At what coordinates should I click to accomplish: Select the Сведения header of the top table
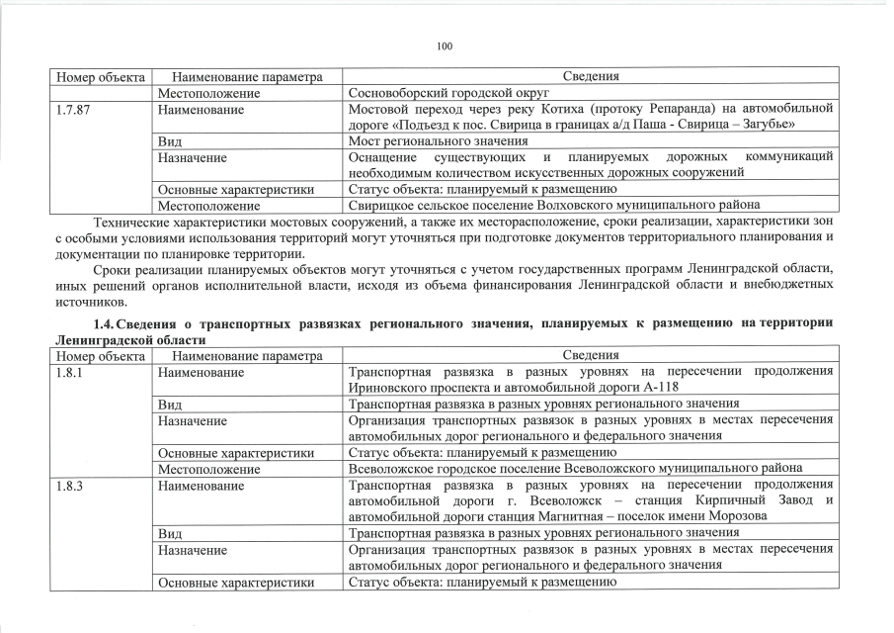click(591, 76)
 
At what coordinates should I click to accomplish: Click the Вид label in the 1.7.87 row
click(169, 141)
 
